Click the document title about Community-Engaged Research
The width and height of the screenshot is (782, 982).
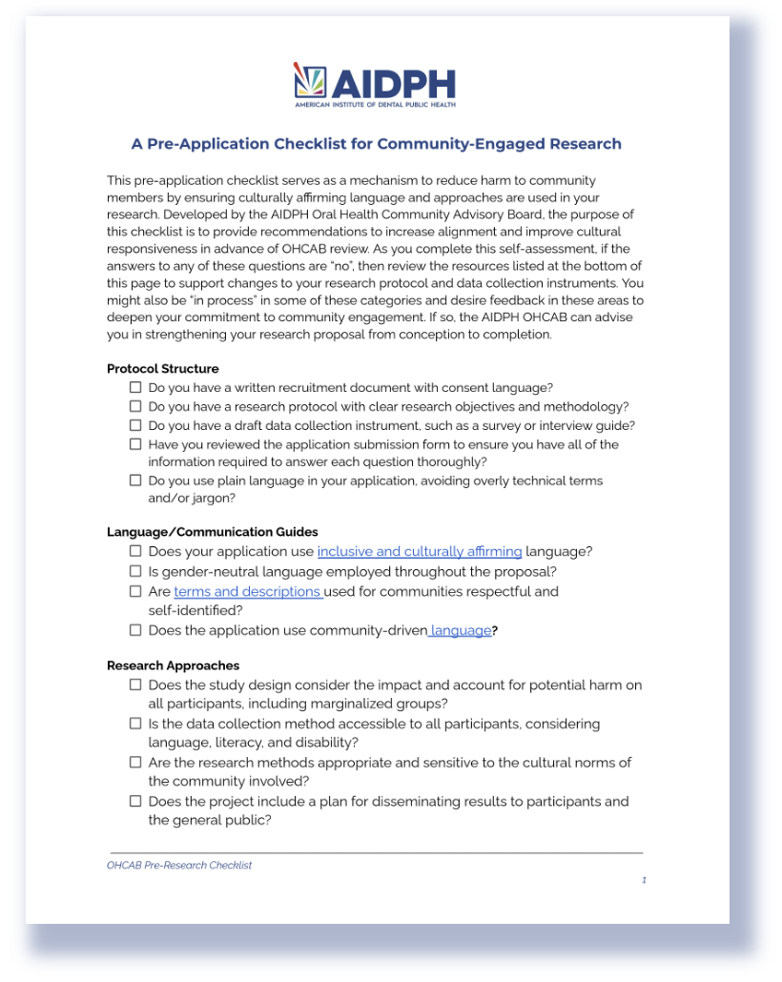[376, 144]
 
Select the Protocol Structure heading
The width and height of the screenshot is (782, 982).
[162, 369]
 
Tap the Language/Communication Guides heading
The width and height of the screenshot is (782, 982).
[213, 532]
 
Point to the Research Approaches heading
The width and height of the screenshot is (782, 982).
[173, 665]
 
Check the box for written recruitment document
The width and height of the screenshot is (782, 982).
[135, 387]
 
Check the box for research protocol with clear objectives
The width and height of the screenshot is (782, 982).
[135, 406]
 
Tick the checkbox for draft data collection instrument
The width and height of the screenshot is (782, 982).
[135, 425]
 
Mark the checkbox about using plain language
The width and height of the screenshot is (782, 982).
[135, 481]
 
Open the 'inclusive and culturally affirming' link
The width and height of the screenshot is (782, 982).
[420, 551]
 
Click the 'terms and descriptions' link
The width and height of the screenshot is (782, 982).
[248, 591]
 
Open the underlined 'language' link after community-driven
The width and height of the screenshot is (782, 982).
[463, 630]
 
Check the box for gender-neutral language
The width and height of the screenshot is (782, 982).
[135, 571]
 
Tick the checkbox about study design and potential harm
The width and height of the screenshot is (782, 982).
[135, 685]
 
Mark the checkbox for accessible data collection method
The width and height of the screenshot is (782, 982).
[135, 724]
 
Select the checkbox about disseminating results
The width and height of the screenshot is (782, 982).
[135, 801]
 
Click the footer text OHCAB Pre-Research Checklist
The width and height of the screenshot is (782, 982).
[179, 866]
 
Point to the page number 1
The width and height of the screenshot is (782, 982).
[644, 880]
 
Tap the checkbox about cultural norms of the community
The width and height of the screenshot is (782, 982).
[135, 763]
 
